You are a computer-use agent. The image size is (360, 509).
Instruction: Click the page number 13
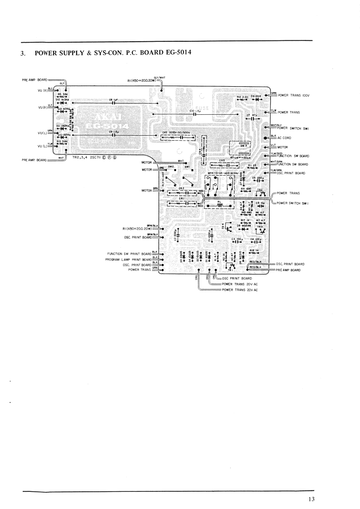pos(311,500)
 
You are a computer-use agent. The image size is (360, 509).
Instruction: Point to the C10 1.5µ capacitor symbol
pos(195,114)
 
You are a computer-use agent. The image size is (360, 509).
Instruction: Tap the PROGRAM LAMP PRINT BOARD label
pos(128,259)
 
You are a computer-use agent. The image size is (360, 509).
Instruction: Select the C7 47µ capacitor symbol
pos(252,119)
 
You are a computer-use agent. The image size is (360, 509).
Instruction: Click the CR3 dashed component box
pos(181,137)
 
